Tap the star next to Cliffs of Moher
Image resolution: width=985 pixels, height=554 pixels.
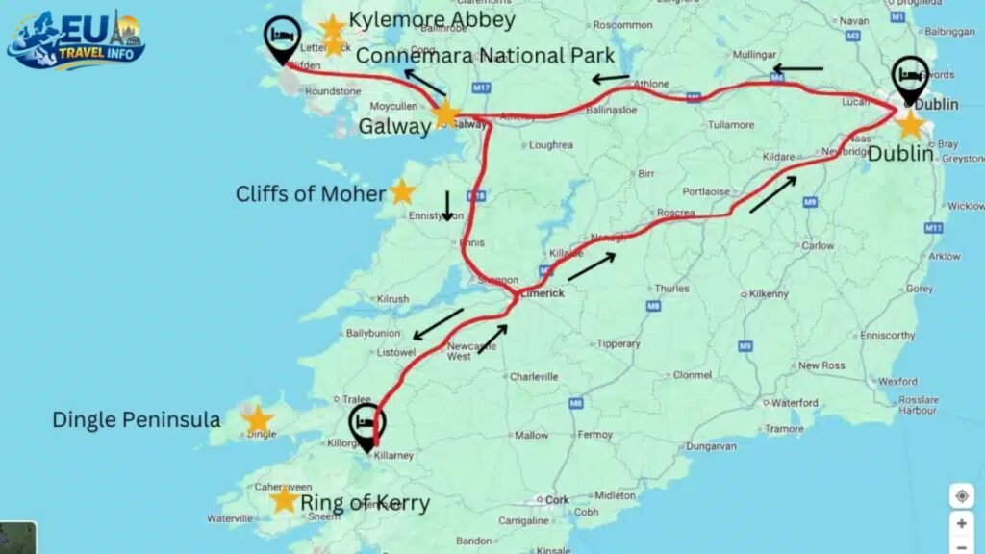pos(402,192)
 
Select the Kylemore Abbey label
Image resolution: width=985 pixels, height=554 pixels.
pos(432,20)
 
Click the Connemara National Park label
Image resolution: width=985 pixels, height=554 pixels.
pos(485,56)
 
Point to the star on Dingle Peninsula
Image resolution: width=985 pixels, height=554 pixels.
pos(257,419)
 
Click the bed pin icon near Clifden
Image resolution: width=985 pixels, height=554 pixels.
pos(283,39)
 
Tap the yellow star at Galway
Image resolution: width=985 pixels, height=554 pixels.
pos(445,115)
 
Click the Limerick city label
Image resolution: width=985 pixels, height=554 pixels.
pos(541,293)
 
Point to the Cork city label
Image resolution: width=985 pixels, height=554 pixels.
pos(557,500)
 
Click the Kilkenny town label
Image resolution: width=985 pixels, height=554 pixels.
pos(770,292)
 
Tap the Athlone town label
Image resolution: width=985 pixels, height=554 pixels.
pos(650,84)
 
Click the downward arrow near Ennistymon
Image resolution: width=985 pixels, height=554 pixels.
pos(447,204)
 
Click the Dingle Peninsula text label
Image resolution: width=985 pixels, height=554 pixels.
pos(137,420)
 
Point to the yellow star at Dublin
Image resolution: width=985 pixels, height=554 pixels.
pos(909,124)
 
